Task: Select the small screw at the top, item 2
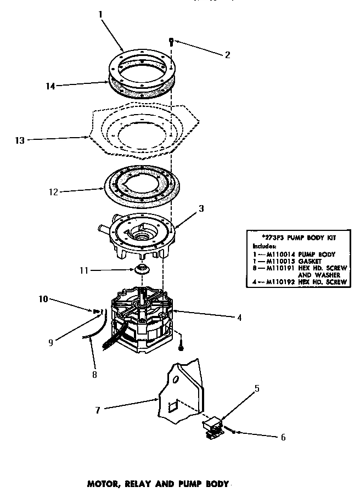click(171, 40)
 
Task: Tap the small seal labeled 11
click(142, 269)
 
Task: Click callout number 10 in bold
click(43, 299)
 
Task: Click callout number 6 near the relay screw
click(283, 437)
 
